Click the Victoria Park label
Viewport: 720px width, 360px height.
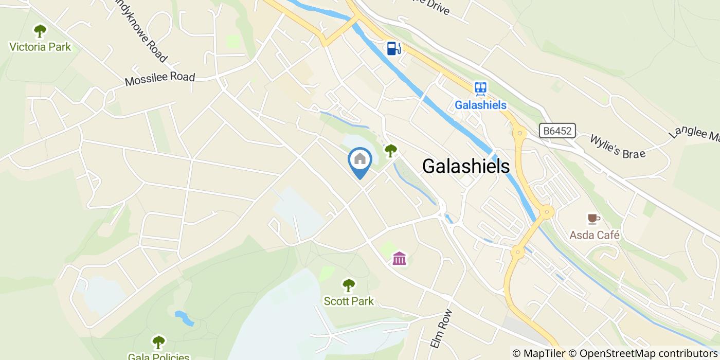point(40,47)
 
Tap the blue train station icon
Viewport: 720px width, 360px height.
point(481,89)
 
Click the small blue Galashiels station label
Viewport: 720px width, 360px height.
point(480,105)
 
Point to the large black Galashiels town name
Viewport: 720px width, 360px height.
point(466,166)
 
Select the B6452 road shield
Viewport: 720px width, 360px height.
point(557,131)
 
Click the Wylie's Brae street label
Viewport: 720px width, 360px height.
point(617,146)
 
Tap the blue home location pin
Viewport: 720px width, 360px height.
point(360,160)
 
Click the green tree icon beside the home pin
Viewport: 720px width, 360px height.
point(391,151)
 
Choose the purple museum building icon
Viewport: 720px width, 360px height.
point(400,258)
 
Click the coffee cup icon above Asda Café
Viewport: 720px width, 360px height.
point(593,219)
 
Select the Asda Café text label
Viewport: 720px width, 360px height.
point(595,236)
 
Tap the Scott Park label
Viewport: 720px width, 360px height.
point(349,301)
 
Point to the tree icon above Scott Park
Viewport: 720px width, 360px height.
point(349,285)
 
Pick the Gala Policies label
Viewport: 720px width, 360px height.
point(158,356)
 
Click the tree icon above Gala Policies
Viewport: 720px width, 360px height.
point(158,341)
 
